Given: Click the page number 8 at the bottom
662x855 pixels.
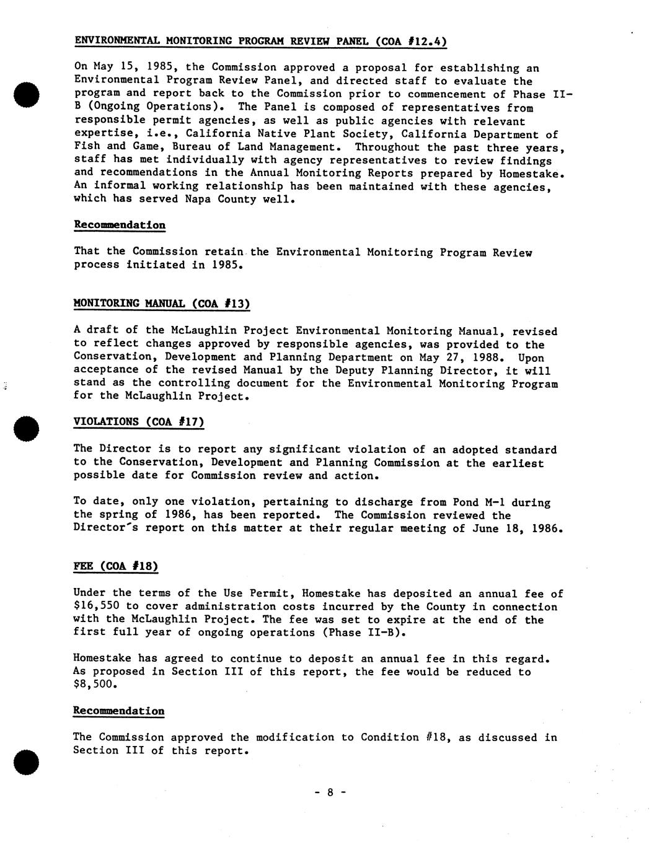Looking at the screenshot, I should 330,792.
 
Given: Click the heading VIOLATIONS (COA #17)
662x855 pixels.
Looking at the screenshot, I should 139,422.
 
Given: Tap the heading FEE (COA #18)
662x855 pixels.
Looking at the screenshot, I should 116,566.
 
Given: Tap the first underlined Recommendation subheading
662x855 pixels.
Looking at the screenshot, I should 120,225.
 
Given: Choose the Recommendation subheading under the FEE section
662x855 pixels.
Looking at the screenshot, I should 119,711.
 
